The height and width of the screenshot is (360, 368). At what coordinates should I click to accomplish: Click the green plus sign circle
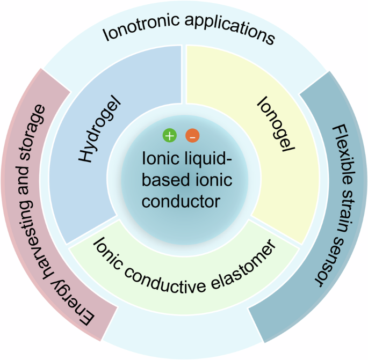pyautogui.click(x=170, y=136)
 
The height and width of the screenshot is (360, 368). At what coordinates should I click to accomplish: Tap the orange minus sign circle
pyautogui.click(x=192, y=136)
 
